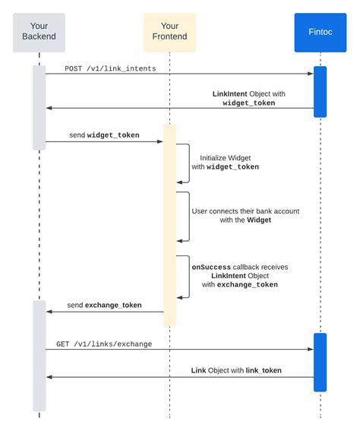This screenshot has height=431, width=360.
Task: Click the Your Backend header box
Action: pyautogui.click(x=39, y=31)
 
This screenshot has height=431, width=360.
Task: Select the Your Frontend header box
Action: pyautogui.click(x=169, y=31)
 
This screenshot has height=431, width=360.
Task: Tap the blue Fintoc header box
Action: pyautogui.click(x=320, y=31)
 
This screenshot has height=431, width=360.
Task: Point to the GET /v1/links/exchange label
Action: pyautogui.click(x=104, y=344)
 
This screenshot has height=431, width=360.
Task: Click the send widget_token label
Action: pyautogui.click(x=104, y=135)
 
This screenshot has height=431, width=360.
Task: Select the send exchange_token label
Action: pyautogui.click(x=104, y=305)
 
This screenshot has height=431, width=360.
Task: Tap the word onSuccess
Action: pyautogui.click(x=211, y=267)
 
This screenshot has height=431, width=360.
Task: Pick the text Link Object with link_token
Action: pyautogui.click(x=236, y=370)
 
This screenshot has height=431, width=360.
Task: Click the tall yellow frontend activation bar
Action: pyautogui.click(x=169, y=224)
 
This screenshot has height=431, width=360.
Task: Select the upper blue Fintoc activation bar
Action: pyautogui.click(x=320, y=91)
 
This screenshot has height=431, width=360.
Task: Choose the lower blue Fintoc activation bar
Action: pyautogui.click(x=320, y=362)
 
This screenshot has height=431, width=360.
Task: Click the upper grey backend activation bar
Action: pyautogui.click(x=39, y=106)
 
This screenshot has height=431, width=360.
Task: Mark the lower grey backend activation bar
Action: pyautogui.click(x=39, y=355)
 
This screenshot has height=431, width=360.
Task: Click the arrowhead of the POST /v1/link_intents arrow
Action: pyautogui.click(x=310, y=74)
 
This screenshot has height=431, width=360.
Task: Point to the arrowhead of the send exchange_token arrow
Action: pyautogui.click(x=49, y=311)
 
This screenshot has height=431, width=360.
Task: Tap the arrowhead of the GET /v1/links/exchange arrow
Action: pyautogui.click(x=310, y=350)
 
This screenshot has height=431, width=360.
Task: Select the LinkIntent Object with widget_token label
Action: pyautogui.click(x=244, y=97)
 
